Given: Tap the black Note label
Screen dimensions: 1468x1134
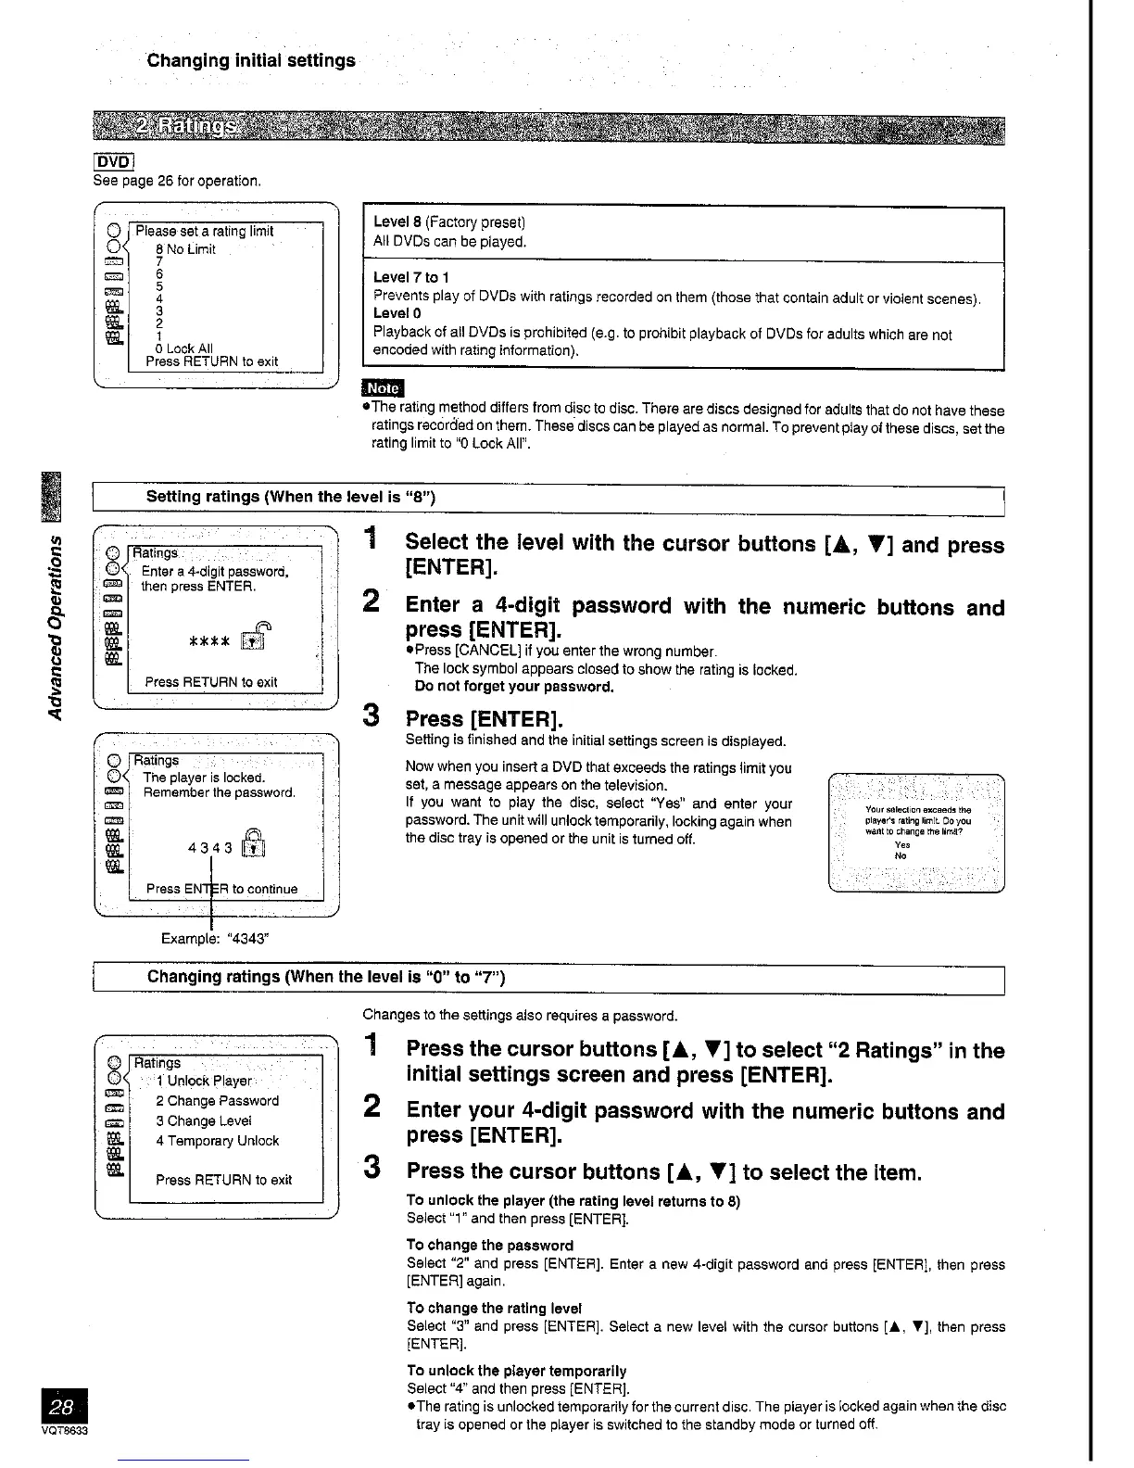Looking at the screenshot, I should point(383,387).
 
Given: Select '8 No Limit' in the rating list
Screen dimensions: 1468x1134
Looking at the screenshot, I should point(185,249).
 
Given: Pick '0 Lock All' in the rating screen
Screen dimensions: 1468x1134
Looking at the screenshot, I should point(184,348).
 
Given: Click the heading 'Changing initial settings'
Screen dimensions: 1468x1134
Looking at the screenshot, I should point(251,61).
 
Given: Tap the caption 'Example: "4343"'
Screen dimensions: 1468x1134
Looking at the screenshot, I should point(215,938).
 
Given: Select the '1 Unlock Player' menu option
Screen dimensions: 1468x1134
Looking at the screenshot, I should point(204,1081).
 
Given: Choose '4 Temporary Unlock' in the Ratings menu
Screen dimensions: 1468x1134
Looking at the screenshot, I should point(217,1141).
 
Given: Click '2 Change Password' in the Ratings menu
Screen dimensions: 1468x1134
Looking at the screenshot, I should point(217,1101).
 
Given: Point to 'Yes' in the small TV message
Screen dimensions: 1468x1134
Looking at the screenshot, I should point(902,844).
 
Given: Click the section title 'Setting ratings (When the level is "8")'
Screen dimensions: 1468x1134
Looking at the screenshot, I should point(291,497).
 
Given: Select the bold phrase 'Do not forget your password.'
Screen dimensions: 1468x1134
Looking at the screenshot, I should point(514,687).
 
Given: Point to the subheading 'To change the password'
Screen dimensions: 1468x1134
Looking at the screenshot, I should point(489,1245).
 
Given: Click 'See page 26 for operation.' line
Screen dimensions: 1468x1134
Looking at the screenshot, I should point(177,181).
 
